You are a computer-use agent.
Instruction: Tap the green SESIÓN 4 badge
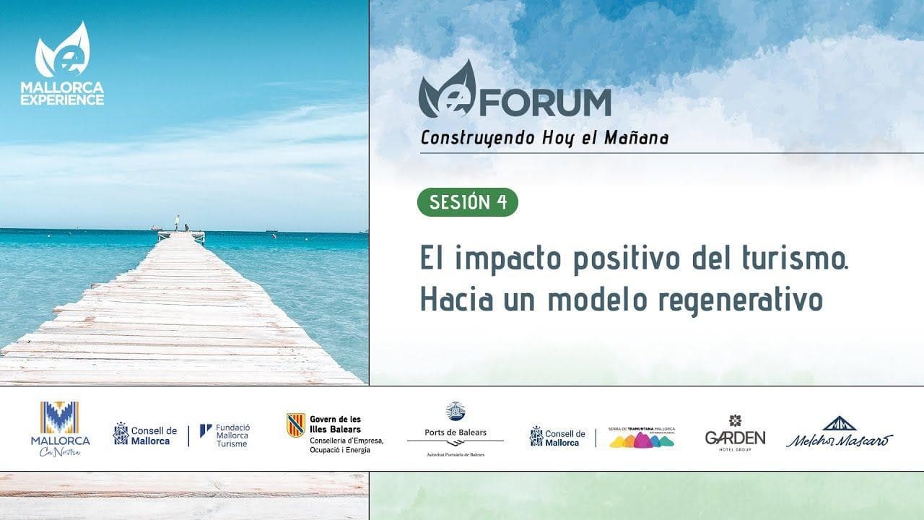468,202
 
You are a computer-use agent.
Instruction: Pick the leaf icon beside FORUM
447,90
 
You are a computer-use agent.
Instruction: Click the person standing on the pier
177,222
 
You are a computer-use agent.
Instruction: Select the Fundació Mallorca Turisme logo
225,435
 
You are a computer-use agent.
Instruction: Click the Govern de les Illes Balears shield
295,425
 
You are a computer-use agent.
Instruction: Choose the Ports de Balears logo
456,430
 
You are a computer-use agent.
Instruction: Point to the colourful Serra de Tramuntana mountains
642,440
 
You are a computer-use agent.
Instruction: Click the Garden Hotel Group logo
735,433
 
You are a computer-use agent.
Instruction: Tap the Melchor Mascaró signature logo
840,433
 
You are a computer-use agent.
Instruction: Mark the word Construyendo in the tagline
479,138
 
